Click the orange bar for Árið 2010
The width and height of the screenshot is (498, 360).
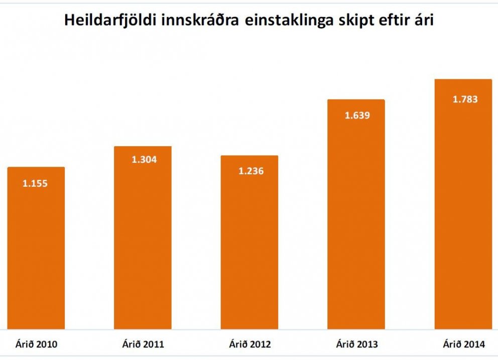click(x=36, y=251)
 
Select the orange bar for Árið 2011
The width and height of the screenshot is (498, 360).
click(x=143, y=241)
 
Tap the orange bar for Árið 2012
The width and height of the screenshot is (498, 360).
click(x=250, y=246)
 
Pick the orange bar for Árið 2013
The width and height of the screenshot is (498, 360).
click(x=356, y=216)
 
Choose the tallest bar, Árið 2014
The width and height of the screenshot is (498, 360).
click(x=463, y=206)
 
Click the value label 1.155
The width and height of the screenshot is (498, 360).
click(x=35, y=184)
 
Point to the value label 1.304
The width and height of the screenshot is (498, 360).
click(x=144, y=160)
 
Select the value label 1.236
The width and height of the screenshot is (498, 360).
click(x=251, y=171)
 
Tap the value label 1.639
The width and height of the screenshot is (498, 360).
click(x=357, y=115)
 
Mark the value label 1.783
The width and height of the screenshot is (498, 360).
click(x=465, y=99)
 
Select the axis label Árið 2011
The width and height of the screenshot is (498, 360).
click(x=143, y=344)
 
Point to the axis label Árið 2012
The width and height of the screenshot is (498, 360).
click(x=250, y=344)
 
